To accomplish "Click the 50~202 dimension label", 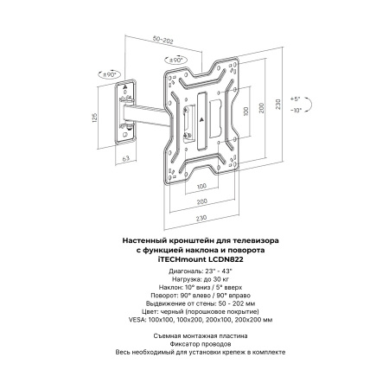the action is [x=163, y=40].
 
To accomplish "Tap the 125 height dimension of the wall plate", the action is [x=95, y=118].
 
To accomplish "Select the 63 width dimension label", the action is [x=126, y=158].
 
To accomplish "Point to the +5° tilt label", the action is [x=295, y=99].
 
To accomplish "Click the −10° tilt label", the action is [x=296, y=110].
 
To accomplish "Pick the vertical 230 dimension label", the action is [x=277, y=104].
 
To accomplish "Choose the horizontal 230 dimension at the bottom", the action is [x=201, y=218].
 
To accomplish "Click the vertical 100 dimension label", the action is [x=246, y=112].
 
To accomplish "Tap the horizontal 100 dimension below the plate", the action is [x=201, y=186].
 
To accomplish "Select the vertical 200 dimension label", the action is [x=261, y=108].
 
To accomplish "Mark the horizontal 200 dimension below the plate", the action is [x=201, y=201].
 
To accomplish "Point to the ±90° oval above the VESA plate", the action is [x=175, y=60].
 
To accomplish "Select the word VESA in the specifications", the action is [x=137, y=320].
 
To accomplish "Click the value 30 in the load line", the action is [x=217, y=279].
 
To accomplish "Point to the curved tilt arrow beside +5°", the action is [x=310, y=104].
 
